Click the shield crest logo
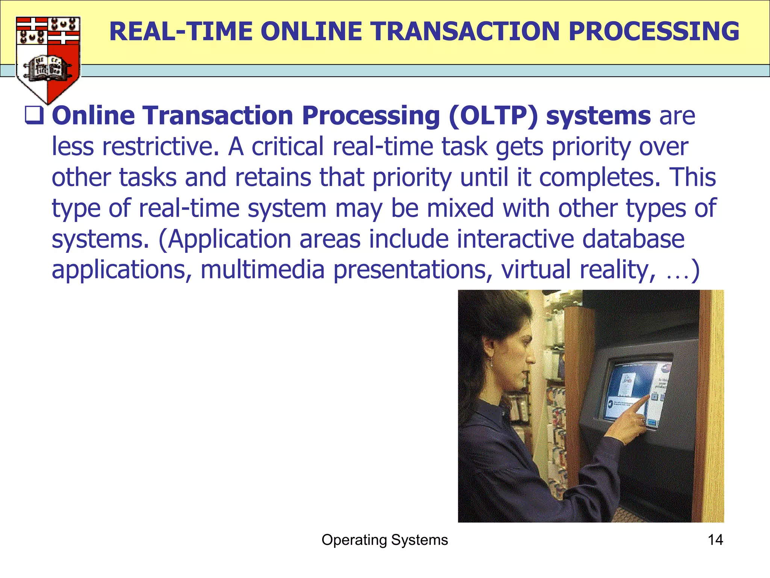(48, 58)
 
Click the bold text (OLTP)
(494, 116)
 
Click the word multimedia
(262, 270)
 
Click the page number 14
(715, 540)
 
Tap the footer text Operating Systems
(385, 540)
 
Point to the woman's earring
(491, 362)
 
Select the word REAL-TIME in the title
(180, 31)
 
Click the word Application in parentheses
(229, 239)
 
